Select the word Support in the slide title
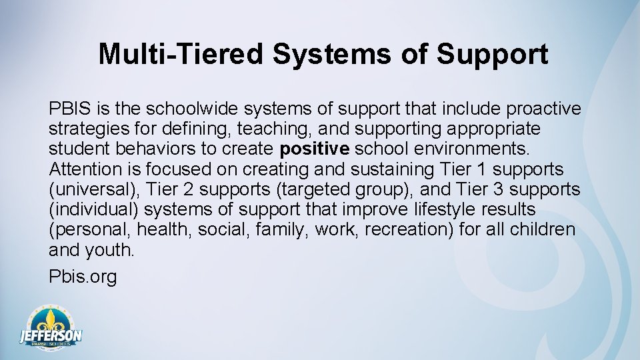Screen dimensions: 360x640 (492, 55)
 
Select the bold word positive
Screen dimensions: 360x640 (315, 149)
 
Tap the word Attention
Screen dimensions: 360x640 (85, 169)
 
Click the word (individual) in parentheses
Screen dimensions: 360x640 (93, 209)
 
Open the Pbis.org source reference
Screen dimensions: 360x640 (83, 276)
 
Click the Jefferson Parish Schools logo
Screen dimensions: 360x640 (51, 329)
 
